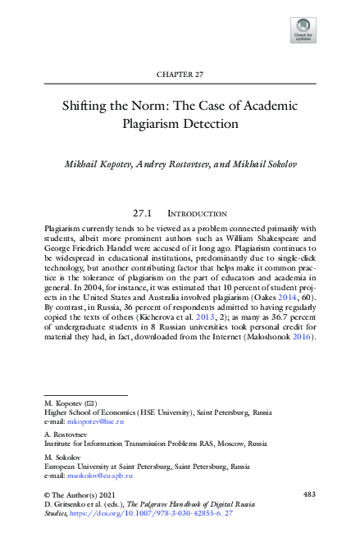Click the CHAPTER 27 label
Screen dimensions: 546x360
[x=180, y=75]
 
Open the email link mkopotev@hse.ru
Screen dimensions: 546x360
[x=96, y=421]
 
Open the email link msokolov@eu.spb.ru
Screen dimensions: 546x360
[x=99, y=475]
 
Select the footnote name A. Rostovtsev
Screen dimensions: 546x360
[x=66, y=434]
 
